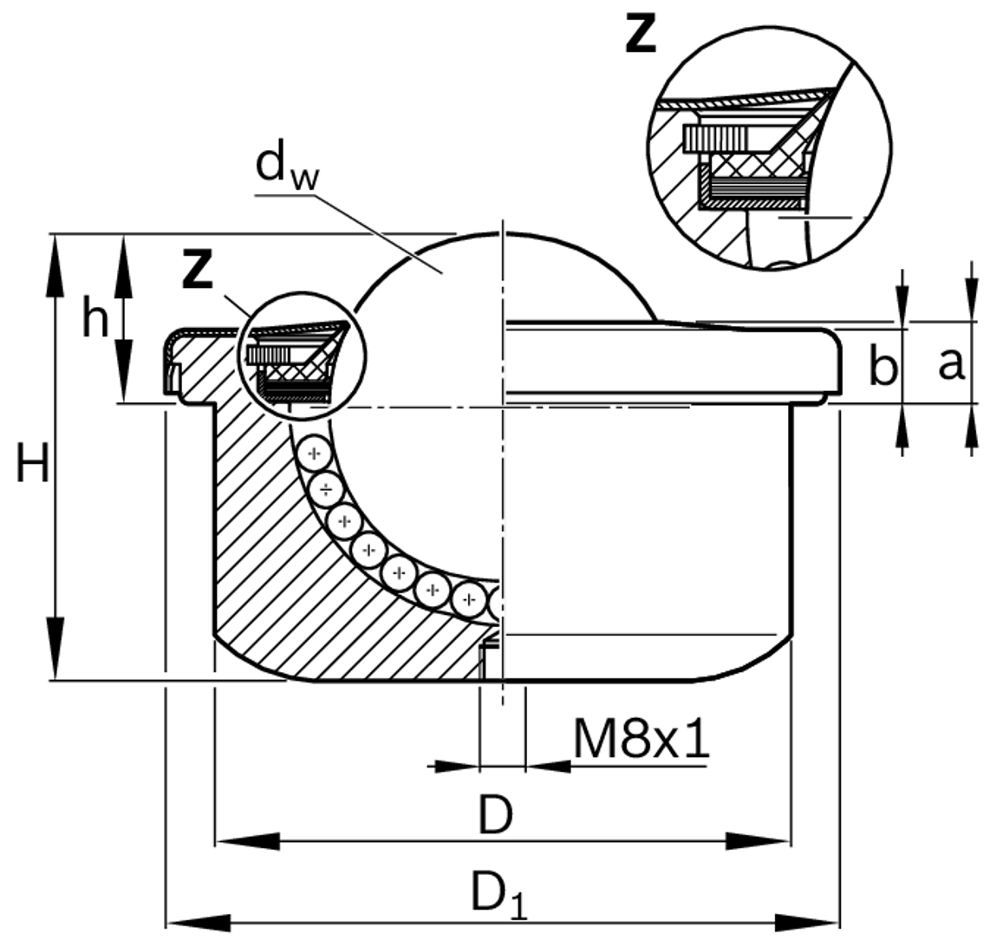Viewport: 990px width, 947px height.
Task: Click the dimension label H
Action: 32,467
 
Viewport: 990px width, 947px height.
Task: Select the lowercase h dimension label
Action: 95,319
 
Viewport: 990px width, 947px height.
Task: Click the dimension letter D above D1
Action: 496,816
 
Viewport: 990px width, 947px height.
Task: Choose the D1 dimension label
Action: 498,893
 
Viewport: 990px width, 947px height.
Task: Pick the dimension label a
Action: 950,365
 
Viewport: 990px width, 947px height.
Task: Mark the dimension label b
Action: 883,368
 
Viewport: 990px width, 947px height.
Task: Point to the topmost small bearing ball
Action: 313,454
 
